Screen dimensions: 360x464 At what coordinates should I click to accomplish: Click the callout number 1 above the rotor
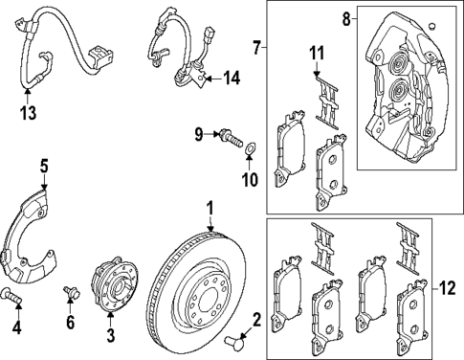pyautogui.click(x=210, y=207)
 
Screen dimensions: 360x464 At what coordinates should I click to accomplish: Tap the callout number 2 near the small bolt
pyautogui.click(x=256, y=320)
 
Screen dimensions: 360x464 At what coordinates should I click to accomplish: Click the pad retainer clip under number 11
pyautogui.click(x=327, y=101)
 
